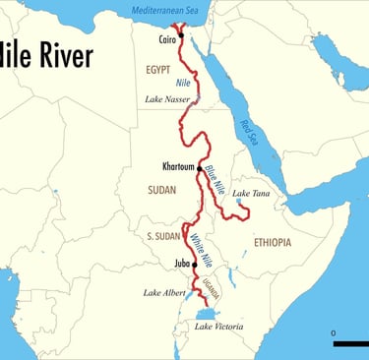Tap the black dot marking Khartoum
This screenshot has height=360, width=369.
coord(198,166)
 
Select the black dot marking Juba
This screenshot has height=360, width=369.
coord(195,265)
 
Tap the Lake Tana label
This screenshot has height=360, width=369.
coord(251,194)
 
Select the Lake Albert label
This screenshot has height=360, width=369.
coord(163,293)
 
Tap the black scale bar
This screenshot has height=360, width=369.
coord(350,343)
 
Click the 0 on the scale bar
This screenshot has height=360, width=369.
coord(334,333)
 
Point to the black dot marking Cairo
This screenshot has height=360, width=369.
coord(180,33)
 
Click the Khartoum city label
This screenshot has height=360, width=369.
coord(176,166)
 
